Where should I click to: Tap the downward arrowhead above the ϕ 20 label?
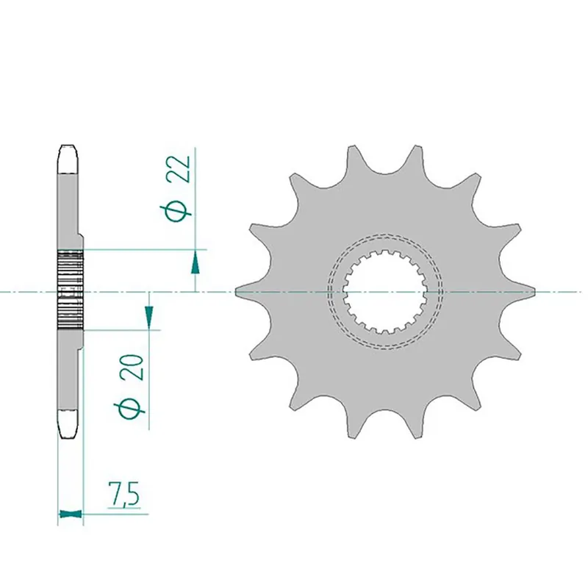click(149, 316)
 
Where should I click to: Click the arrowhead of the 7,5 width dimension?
click(70, 514)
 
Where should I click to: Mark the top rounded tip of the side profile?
click(68, 150)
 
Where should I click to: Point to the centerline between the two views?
click(213, 293)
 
